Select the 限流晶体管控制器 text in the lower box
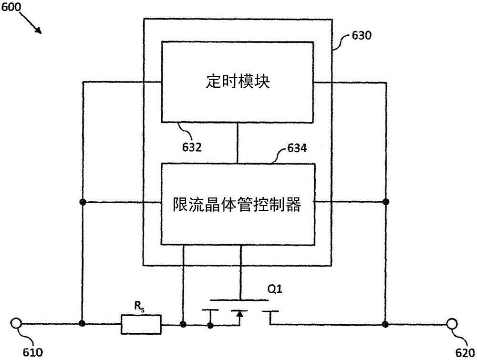click(x=237, y=205)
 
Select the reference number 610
click(x=33, y=352)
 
